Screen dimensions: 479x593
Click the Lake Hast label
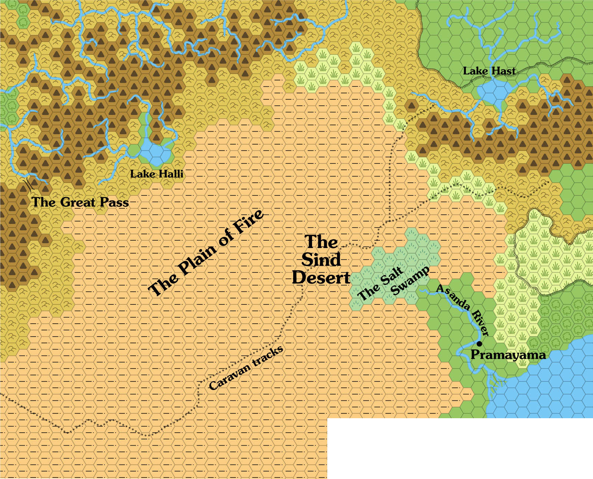tap(489, 71)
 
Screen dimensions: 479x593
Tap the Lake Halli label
tap(156, 174)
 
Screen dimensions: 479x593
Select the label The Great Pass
tap(80, 202)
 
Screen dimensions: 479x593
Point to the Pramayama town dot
tap(479, 344)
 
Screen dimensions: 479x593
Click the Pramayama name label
tap(508, 355)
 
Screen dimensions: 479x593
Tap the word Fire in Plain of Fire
tap(248, 222)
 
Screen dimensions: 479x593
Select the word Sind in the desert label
tap(321, 260)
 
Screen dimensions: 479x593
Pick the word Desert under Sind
tap(321, 278)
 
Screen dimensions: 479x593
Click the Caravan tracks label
tap(246, 368)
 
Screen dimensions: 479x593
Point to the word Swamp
tap(410, 281)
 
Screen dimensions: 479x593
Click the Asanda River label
tap(463, 310)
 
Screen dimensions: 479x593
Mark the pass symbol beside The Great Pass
tap(27, 185)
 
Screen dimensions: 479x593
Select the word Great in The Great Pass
tap(78, 202)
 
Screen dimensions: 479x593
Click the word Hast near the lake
tap(504, 71)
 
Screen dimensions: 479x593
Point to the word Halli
tap(171, 174)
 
